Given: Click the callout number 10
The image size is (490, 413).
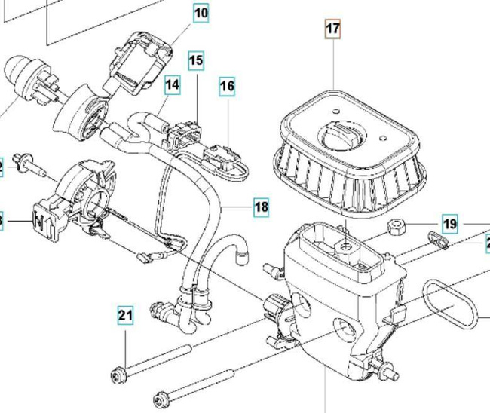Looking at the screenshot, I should pyautogui.click(x=201, y=14).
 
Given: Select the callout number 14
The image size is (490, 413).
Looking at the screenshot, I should pyautogui.click(x=173, y=85).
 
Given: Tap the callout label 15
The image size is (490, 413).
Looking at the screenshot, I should pyautogui.click(x=196, y=60).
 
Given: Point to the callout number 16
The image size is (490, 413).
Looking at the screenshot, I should pyautogui.click(x=227, y=87).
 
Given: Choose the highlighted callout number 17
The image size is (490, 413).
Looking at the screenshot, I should pyautogui.click(x=332, y=29).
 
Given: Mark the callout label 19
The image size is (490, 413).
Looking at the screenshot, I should pyautogui.click(x=450, y=224).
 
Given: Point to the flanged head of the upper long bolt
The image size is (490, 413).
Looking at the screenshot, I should pyautogui.click(x=121, y=373).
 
